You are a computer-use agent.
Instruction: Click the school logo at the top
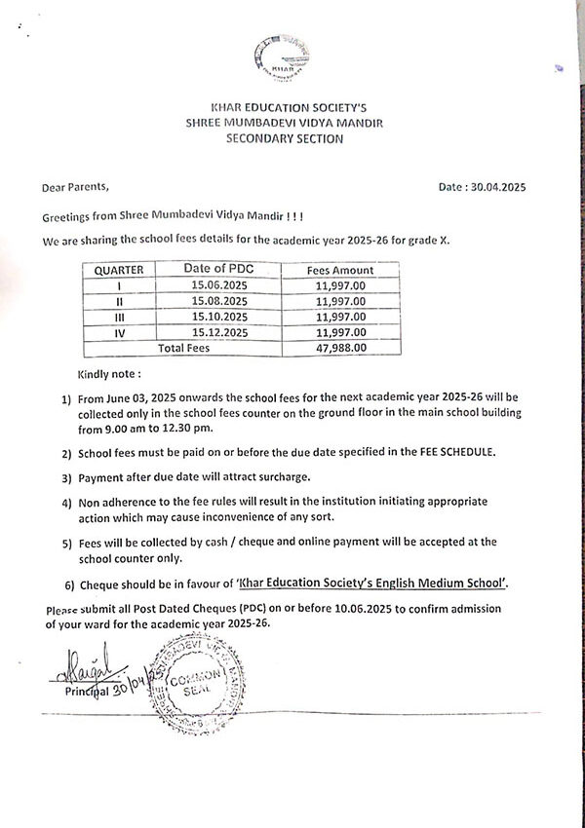click(x=283, y=56)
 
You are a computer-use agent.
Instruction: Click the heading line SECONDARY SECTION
click(x=285, y=138)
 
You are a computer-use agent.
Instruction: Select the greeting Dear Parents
click(x=75, y=186)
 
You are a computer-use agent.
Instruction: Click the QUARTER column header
click(x=119, y=270)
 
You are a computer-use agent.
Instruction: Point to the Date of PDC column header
click(x=218, y=269)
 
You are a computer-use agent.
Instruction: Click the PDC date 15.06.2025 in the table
click(x=219, y=285)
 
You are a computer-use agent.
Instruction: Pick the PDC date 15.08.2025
click(x=219, y=301)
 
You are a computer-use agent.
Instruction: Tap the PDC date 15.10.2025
click(x=219, y=317)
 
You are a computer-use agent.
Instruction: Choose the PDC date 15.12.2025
click(x=219, y=332)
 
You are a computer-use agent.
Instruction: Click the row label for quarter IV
click(x=118, y=332)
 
